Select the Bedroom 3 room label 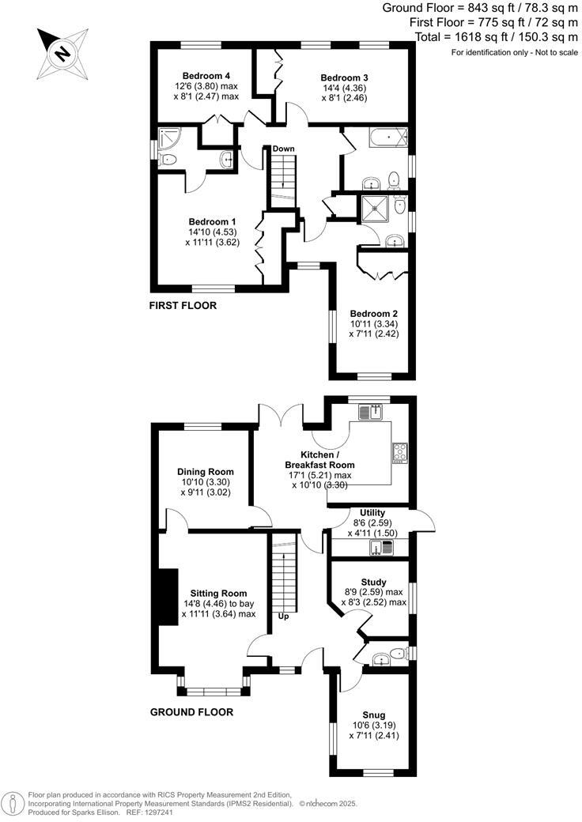pos(344,77)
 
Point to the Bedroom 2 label pos(369,314)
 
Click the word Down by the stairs pos(283,149)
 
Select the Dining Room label pos(205,472)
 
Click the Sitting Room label pos(217,593)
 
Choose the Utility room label pos(372,513)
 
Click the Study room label pos(372,581)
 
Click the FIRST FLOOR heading pos(183,305)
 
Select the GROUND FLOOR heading pos(191,712)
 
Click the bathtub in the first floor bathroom pos(387,140)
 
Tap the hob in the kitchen pos(399,452)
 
